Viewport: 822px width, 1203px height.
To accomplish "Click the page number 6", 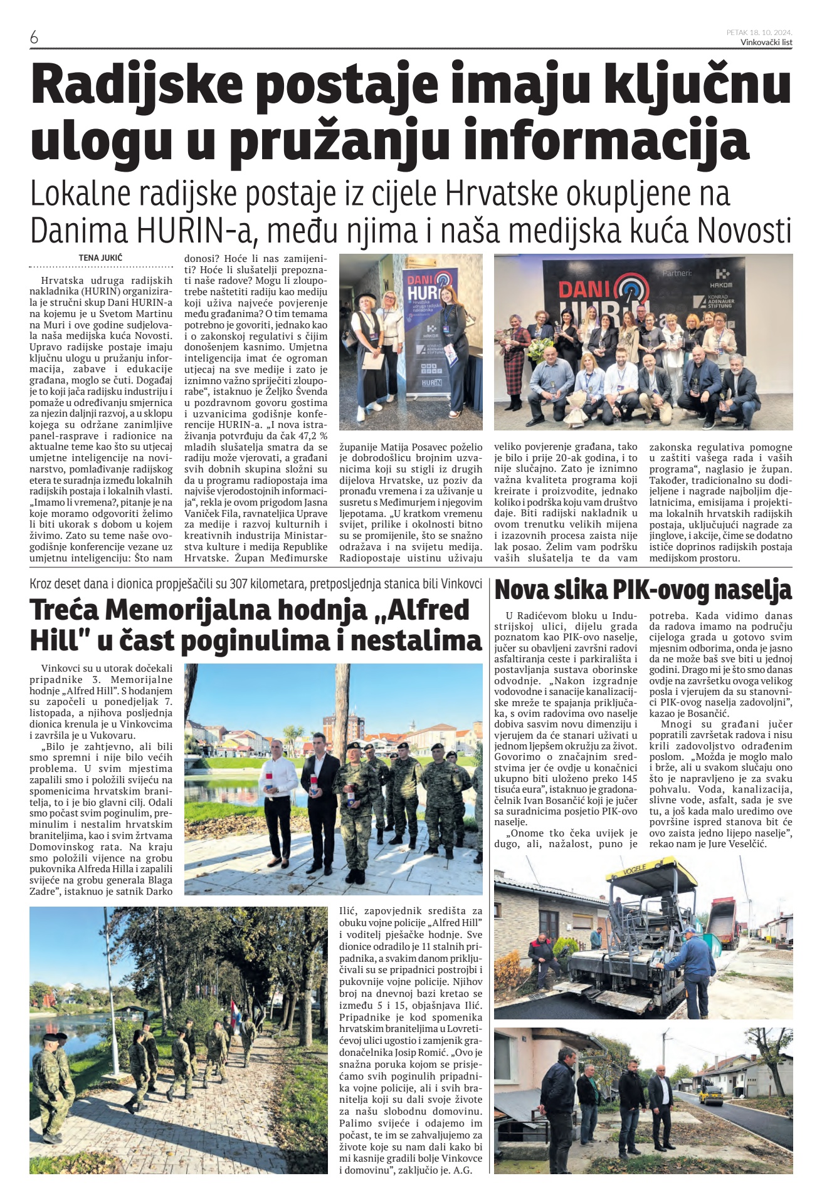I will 34,38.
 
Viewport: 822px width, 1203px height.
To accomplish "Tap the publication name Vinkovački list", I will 766,42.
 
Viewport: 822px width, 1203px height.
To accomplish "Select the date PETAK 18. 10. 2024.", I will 759,32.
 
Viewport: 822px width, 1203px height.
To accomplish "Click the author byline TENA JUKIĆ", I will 100,258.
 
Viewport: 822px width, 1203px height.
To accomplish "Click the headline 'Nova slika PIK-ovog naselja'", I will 643,591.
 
